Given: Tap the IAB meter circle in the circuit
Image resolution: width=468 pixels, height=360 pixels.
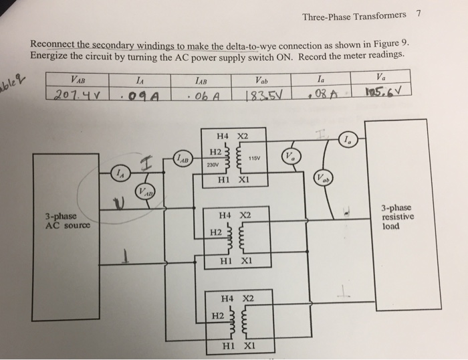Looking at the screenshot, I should point(183,159).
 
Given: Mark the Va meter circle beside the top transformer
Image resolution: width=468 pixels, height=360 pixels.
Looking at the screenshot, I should point(289,157).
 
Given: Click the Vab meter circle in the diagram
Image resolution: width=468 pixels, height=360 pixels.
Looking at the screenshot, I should point(322,179).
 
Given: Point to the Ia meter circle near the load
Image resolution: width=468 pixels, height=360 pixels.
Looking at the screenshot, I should point(348,140).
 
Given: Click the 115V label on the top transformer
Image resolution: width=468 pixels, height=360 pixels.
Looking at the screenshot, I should point(253,159).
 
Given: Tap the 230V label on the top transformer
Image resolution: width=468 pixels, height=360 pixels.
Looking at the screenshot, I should point(213,165).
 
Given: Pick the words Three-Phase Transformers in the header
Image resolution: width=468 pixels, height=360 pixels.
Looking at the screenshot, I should point(354,15).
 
